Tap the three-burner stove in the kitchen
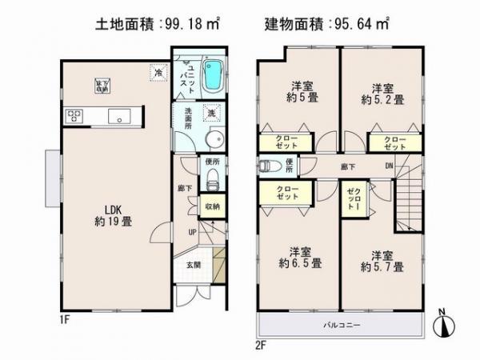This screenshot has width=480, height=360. (x=74, y=117)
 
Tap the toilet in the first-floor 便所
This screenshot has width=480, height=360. (x=212, y=182)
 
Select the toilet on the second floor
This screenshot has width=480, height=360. (x=266, y=166)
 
